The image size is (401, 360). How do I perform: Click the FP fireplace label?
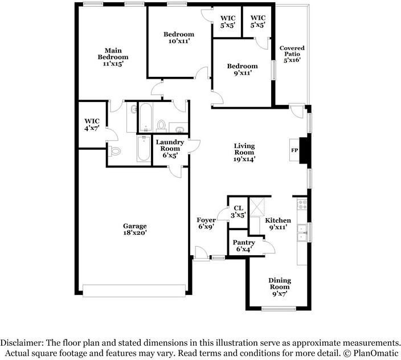[x=294, y=150]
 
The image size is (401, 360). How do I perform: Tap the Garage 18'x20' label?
[x=135, y=230]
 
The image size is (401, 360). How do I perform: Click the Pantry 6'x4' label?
[x=244, y=246]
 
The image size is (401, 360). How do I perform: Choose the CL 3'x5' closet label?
[x=238, y=212]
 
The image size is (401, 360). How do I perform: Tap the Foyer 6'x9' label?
[x=206, y=223]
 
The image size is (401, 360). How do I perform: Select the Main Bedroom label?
[x=113, y=57]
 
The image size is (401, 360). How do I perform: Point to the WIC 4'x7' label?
[x=92, y=125]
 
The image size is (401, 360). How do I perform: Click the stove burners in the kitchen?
[x=302, y=204]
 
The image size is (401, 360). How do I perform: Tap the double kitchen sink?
[x=302, y=232]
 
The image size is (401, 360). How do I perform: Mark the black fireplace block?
[x=305, y=150]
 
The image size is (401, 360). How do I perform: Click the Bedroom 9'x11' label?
[x=242, y=69]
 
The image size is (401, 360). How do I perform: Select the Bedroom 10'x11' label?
[x=179, y=38]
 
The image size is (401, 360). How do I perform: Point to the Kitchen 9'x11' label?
[x=278, y=223]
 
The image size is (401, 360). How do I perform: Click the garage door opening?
[x=134, y=291]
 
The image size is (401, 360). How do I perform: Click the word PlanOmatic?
[x=375, y=353]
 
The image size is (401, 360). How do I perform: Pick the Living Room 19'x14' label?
[x=244, y=153]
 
